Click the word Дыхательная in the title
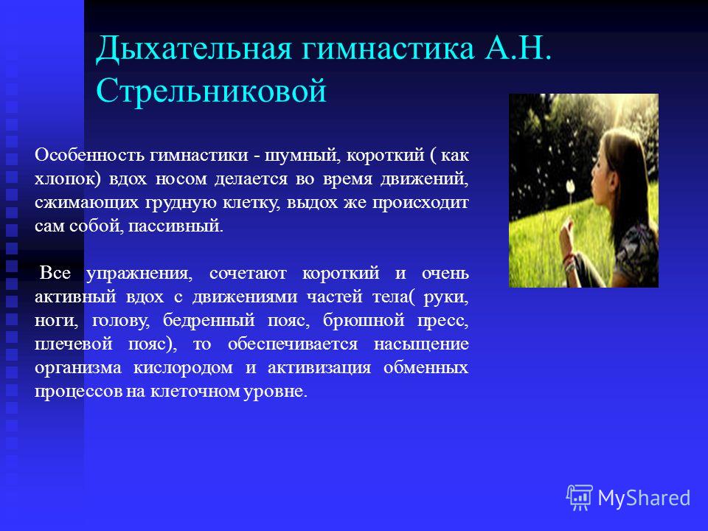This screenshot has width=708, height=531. click(x=195, y=49)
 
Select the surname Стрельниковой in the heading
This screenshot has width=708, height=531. click(x=212, y=90)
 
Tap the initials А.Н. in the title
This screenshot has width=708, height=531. click(x=518, y=49)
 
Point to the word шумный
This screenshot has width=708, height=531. click(x=302, y=156)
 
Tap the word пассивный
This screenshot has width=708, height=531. click(x=176, y=226)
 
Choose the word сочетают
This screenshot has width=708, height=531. click(x=248, y=274)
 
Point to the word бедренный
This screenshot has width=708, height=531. click(x=209, y=320)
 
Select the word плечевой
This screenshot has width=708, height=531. click(x=74, y=344)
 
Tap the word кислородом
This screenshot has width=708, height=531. click(x=184, y=368)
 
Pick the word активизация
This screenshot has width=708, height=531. click(x=319, y=368)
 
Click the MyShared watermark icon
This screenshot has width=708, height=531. click(x=580, y=498)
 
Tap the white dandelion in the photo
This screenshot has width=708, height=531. click(x=570, y=185)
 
